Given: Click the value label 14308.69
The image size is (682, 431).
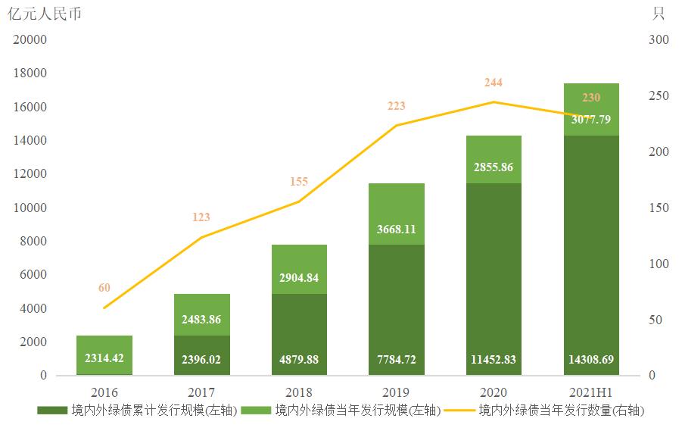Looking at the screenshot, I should tap(591, 360).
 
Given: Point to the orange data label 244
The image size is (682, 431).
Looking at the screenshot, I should tap(493, 83).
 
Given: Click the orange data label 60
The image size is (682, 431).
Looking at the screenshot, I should tap(104, 288).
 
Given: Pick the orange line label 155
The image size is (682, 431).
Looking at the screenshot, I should tap(299, 182).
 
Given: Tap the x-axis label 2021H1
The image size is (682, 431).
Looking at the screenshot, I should tap(591, 392).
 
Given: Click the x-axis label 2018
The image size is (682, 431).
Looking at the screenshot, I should tap(299, 392).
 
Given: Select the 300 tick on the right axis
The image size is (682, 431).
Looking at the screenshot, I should tap(659, 40).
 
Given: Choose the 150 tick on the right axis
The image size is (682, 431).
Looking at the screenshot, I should tap(659, 208).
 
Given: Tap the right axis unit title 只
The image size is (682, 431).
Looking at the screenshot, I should tap(658, 14).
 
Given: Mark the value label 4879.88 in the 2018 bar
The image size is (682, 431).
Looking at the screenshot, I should tap(299, 360).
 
